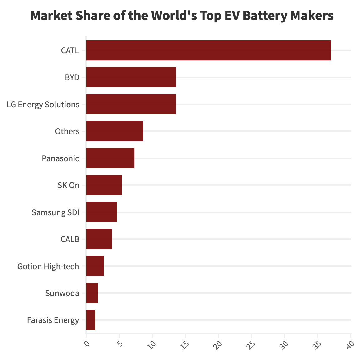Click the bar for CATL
[x=208, y=50]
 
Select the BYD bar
[x=131, y=77]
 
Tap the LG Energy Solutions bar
[x=131, y=104]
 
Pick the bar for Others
[x=114, y=131]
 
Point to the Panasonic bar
[x=110, y=158]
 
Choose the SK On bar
[x=104, y=185]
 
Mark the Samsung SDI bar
[x=102, y=212]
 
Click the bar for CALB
[x=99, y=239]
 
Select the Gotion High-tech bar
[x=95, y=266]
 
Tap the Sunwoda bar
[x=92, y=293]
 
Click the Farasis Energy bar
[x=91, y=320]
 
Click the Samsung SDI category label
[x=55, y=212]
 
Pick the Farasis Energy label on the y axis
[x=53, y=320]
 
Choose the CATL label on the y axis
[x=70, y=51]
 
